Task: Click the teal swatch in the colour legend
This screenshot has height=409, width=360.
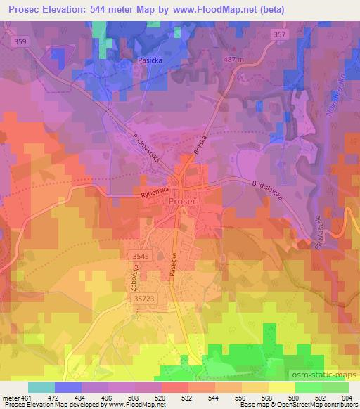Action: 41,387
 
